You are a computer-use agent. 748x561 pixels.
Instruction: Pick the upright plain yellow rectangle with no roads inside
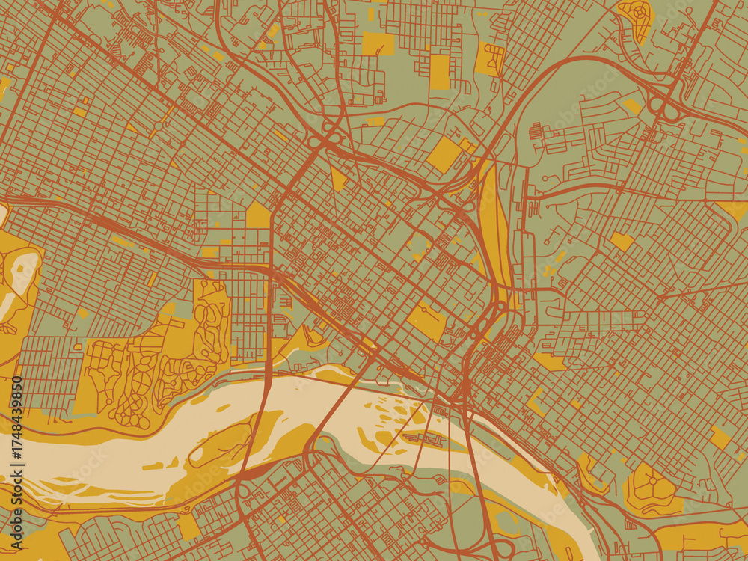coord(441,71)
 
